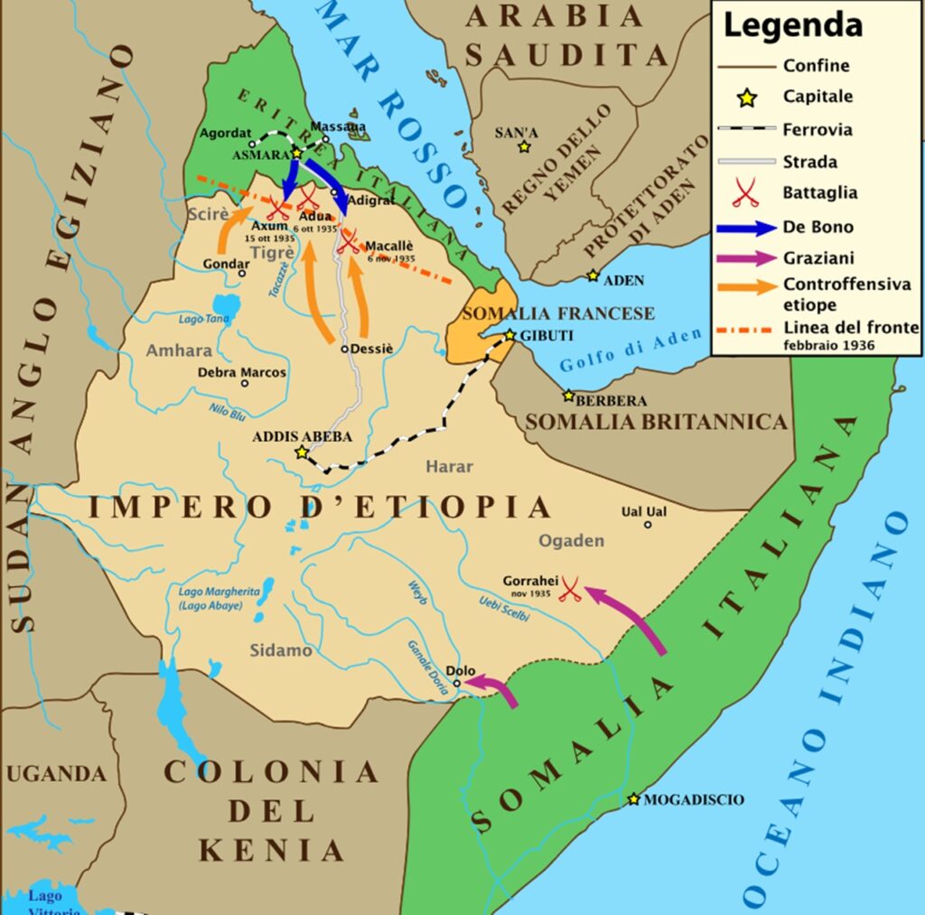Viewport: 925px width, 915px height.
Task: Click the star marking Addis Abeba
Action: (x=302, y=453)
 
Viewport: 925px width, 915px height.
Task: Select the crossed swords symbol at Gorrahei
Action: (x=569, y=590)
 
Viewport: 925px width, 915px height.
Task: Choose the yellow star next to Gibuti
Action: (x=510, y=335)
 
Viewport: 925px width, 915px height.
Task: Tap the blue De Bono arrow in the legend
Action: (x=746, y=226)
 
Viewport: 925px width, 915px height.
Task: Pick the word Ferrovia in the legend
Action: (x=818, y=129)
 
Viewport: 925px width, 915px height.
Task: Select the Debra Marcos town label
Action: (x=242, y=372)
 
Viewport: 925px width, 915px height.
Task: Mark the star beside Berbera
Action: (x=569, y=396)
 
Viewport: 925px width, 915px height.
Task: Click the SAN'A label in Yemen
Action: (x=517, y=133)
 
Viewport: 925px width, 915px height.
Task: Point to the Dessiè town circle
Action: (x=345, y=349)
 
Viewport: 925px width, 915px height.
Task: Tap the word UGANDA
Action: (x=56, y=774)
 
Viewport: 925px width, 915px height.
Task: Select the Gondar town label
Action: (x=226, y=261)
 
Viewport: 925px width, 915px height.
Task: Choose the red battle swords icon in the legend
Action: (x=746, y=193)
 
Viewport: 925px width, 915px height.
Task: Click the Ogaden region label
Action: (x=571, y=540)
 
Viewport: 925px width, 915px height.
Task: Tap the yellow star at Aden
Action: (x=593, y=275)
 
